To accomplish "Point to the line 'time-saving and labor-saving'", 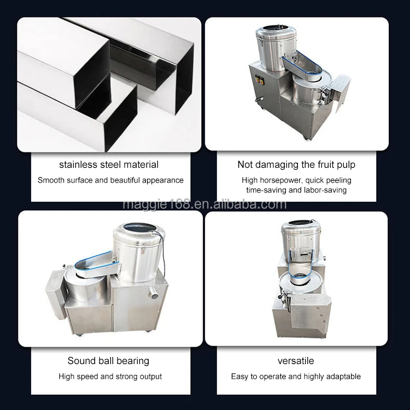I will (x=297, y=190).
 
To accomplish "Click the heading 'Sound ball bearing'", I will (x=108, y=361).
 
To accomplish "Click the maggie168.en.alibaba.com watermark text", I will (x=204, y=205).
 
